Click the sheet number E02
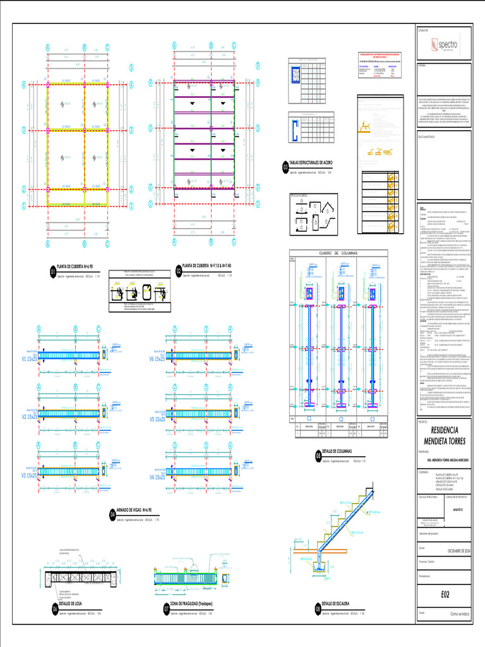(445, 594)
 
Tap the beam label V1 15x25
(30, 357)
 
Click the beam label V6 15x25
(157, 358)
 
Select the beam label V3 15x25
(30, 475)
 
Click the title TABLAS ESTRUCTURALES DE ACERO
(316, 163)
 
